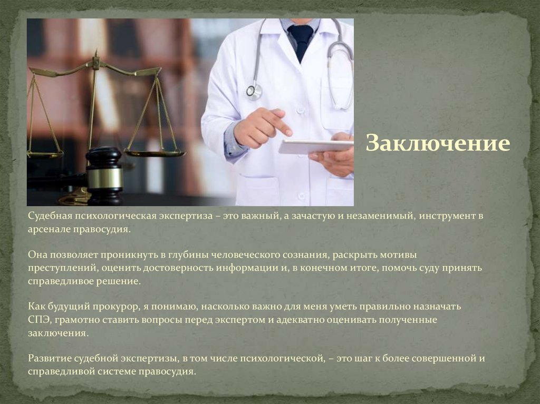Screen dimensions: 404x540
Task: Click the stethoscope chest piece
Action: point(254,91)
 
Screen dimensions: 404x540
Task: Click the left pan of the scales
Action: point(45,154)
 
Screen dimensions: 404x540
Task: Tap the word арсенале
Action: point(49,230)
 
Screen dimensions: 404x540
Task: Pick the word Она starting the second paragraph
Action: point(37,254)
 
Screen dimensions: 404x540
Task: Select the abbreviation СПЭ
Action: point(38,319)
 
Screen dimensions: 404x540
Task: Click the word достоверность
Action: point(177,268)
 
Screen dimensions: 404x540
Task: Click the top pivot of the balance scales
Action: point(95,62)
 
